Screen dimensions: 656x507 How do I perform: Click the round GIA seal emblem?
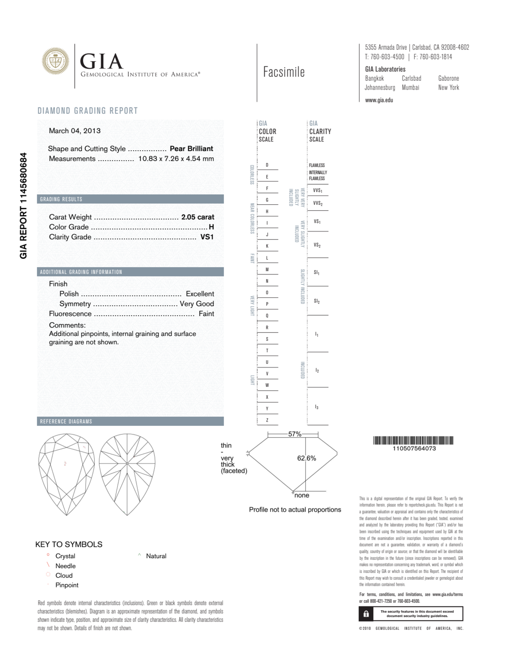55,61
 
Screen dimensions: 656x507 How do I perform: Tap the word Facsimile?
284,72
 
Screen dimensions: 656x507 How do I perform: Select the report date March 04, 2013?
74,131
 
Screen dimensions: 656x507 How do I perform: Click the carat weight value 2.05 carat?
197,217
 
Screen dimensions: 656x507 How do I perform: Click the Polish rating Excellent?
200,294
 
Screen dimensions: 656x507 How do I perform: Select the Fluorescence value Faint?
206,314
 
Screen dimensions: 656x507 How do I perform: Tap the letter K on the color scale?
267,246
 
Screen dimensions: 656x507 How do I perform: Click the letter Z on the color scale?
267,420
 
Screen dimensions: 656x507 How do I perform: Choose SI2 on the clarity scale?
317,301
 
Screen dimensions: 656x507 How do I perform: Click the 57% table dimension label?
294,434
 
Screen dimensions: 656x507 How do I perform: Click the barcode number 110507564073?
414,449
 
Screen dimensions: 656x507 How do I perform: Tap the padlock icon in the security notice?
366,614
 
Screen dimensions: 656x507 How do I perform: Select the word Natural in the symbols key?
156,556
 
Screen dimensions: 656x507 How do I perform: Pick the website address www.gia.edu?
379,100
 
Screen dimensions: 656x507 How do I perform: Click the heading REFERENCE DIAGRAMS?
66,421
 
